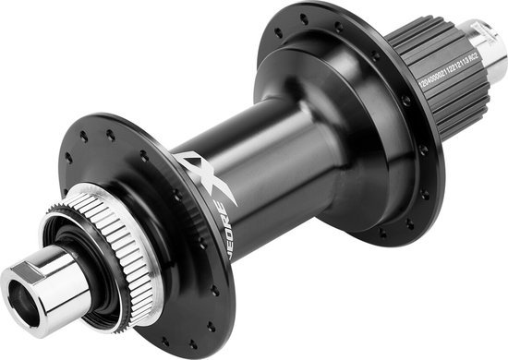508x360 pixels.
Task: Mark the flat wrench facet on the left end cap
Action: [x=46, y=268]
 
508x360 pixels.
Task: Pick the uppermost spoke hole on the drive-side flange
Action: [x=302, y=17]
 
